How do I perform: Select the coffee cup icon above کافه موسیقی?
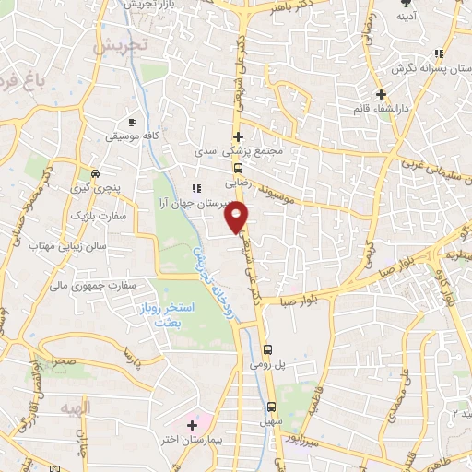point(132,123)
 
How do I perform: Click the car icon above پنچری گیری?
point(97,172)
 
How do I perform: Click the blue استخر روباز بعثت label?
point(163,313)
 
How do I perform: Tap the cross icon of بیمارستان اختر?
point(192,425)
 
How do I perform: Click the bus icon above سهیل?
point(271,407)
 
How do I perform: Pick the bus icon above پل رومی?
point(267,349)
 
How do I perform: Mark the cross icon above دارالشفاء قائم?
point(381,95)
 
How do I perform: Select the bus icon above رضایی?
point(238,168)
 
